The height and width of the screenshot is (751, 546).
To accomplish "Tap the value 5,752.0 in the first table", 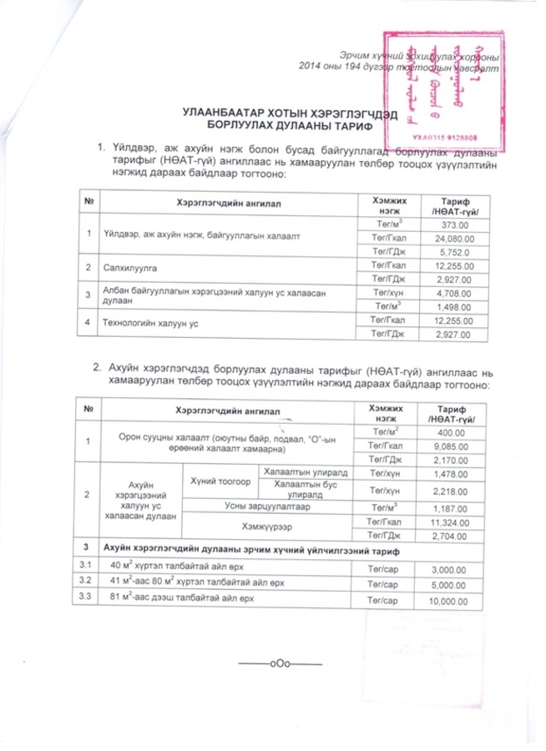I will pos(452,251).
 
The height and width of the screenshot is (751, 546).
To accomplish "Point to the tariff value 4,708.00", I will pos(452,293).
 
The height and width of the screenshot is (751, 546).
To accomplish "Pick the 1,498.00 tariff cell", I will pos(452,306).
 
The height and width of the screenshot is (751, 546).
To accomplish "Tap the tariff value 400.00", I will pos(452,433).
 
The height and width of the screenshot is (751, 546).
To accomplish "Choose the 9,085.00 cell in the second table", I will pos(452,446).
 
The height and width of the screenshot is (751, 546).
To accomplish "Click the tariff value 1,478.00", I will pos(452,474).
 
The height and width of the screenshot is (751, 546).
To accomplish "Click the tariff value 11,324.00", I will pos(452,521).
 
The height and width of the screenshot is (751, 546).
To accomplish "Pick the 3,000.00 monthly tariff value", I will pos(452,567).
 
